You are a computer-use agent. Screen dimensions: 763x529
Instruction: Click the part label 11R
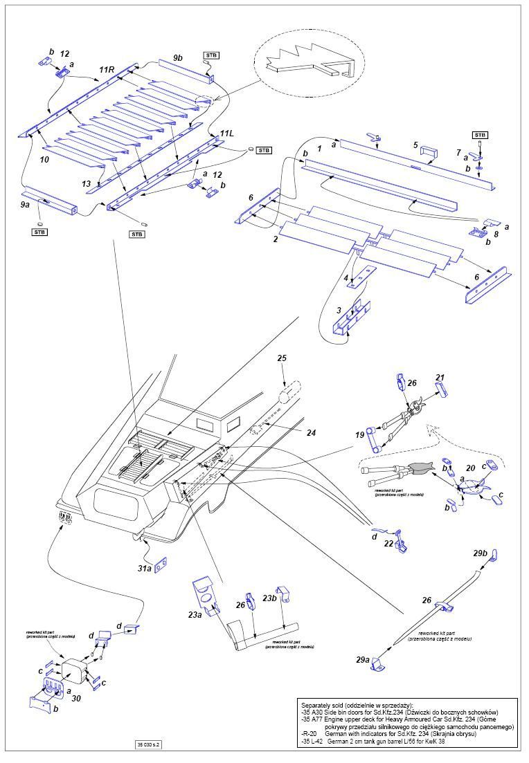(107, 70)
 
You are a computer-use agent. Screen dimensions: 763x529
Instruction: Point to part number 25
(281, 358)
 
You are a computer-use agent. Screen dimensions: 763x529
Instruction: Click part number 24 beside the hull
(312, 432)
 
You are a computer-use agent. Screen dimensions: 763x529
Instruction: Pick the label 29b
(481, 554)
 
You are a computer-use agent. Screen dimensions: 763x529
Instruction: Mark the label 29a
(363, 660)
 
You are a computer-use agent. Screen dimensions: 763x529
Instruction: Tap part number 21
(440, 377)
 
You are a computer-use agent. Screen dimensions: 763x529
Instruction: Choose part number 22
(388, 544)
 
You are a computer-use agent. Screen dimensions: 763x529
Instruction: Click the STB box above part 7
(479, 134)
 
